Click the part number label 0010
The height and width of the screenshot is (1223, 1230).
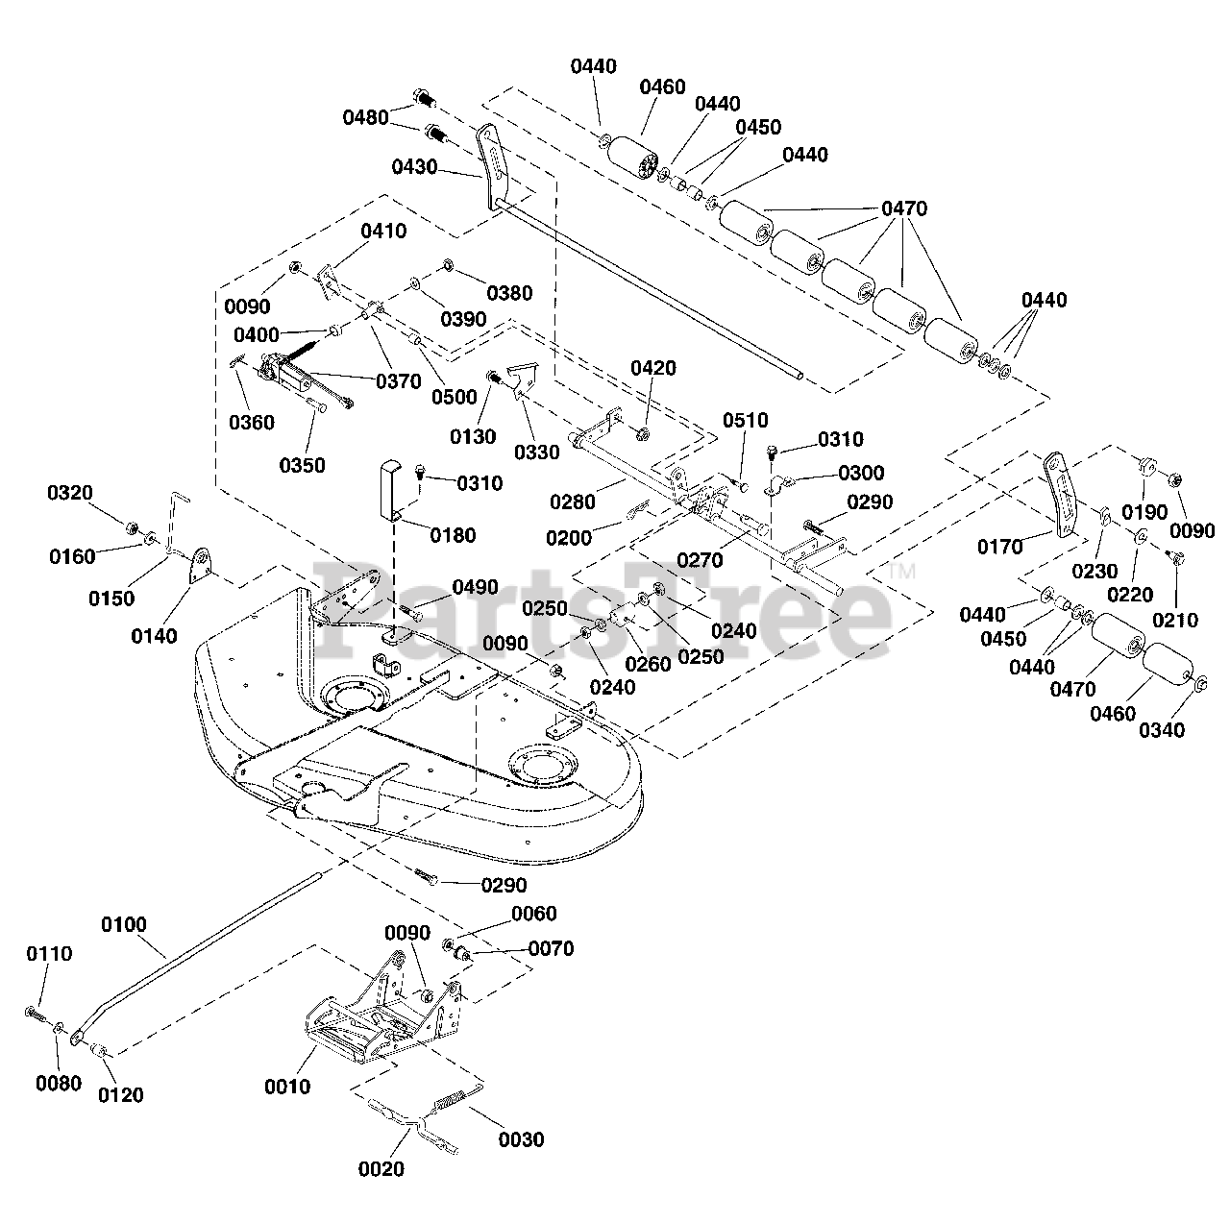tap(287, 1087)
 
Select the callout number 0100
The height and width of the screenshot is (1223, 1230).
tap(124, 924)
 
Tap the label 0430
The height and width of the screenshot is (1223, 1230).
tap(414, 167)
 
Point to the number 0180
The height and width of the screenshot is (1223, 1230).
tap(453, 535)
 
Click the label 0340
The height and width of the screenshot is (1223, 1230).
tap(1162, 730)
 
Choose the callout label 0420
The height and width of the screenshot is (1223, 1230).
tap(653, 368)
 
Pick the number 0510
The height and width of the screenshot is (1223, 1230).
tap(745, 421)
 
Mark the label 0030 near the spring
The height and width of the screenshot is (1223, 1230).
tap(521, 1139)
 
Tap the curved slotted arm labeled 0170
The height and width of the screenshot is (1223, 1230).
tap(1061, 495)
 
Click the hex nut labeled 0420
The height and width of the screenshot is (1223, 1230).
tap(643, 434)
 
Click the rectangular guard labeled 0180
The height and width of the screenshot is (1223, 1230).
tap(391, 491)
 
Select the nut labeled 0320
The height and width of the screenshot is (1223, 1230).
tap(132, 527)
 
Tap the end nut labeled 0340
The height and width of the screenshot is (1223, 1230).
tap(1199, 684)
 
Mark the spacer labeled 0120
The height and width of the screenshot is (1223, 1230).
tap(100, 1049)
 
